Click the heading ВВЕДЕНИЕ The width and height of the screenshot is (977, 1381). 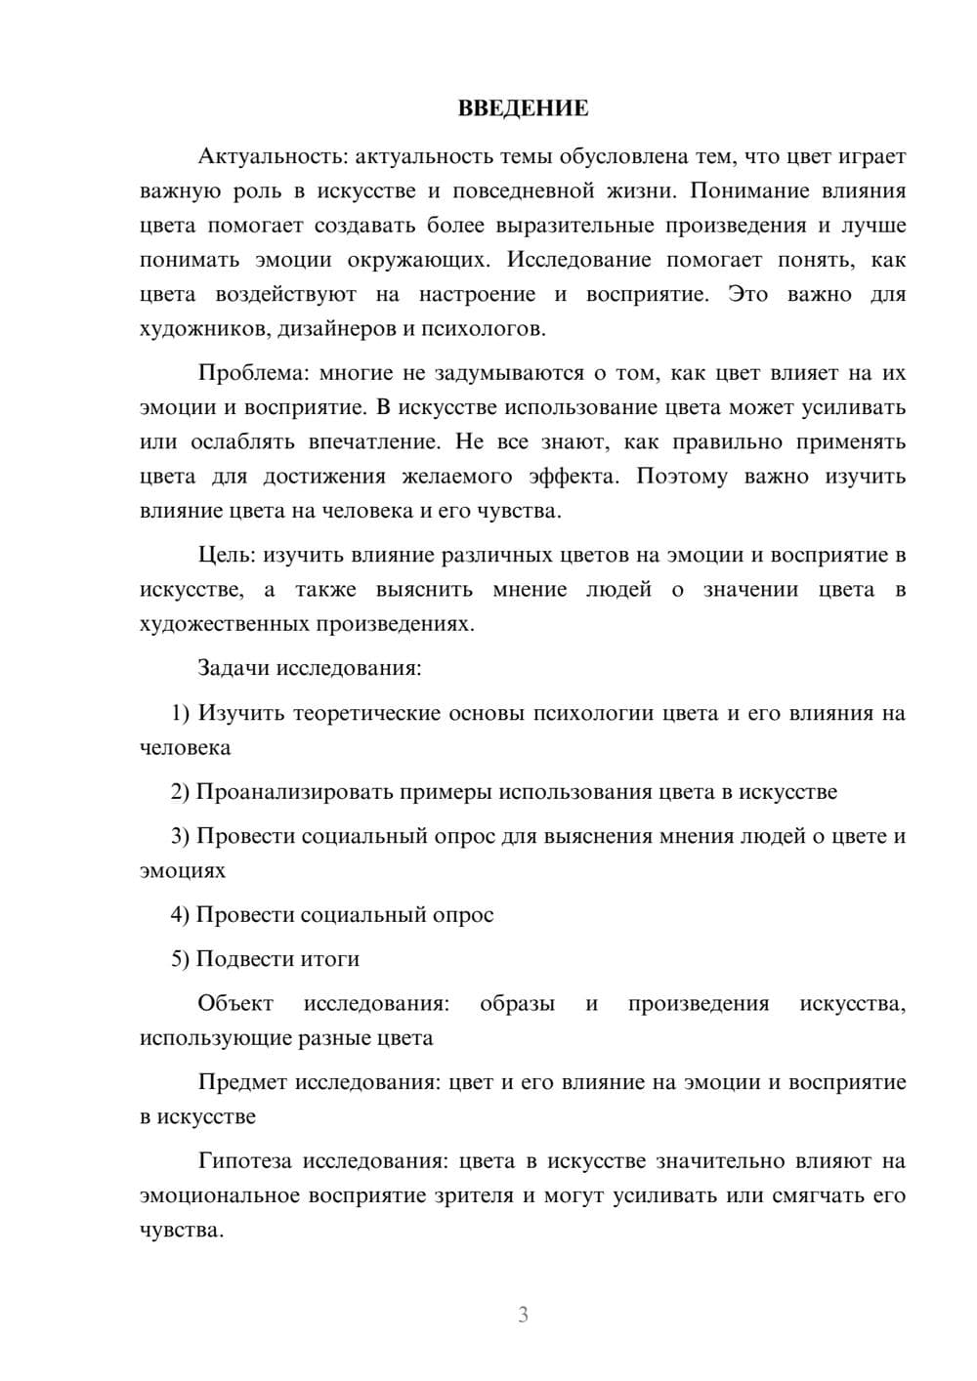[523, 108]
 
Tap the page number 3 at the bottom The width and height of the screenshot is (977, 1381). [523, 1315]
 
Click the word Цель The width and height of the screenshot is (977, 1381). [226, 555]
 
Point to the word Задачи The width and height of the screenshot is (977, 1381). [234, 668]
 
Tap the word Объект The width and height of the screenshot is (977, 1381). [235, 1003]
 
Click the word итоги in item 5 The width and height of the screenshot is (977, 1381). [331, 959]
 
